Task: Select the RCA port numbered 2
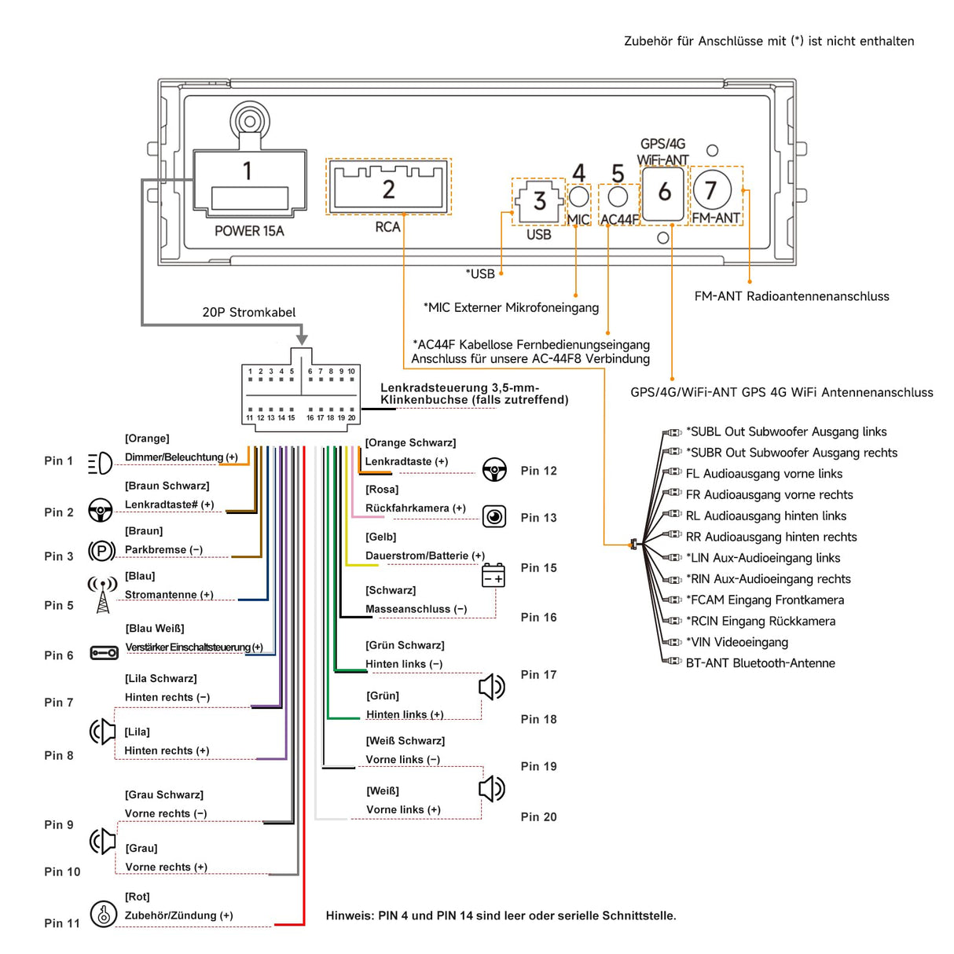[389, 187]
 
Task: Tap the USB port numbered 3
[539, 201]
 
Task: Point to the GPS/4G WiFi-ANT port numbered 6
[664, 192]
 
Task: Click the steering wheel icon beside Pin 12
[494, 470]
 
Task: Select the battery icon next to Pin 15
[494, 575]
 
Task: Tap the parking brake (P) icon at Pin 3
[101, 551]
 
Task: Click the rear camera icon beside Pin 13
[494, 516]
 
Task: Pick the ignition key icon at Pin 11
[103, 914]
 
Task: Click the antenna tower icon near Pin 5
[102, 595]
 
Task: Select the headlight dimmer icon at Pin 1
[100, 464]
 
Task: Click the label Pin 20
[538, 817]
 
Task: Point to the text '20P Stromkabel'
[248, 313]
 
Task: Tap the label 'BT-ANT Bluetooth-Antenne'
[760, 663]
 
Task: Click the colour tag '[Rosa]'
[382, 490]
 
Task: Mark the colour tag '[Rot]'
[138, 897]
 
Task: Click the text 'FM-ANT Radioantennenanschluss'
[791, 296]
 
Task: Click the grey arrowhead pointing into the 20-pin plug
[302, 339]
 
